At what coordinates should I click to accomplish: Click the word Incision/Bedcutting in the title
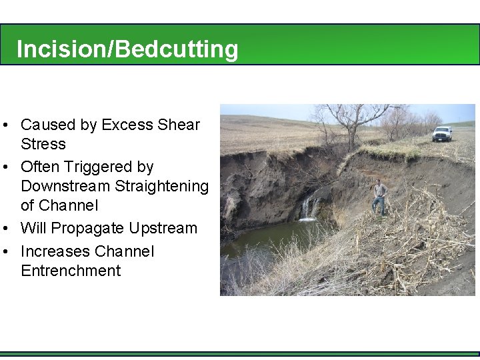[127, 49]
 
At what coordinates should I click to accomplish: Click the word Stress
[43, 144]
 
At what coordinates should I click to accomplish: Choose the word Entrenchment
[71, 271]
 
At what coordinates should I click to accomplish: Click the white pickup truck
[442, 133]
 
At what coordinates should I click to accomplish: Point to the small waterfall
[308, 207]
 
